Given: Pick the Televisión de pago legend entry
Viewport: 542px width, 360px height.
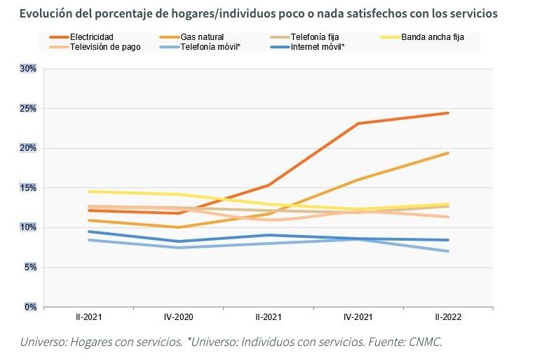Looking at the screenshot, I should [105, 47].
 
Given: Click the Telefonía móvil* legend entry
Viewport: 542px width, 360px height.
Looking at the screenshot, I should [210, 47].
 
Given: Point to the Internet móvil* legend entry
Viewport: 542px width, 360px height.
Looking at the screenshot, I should [317, 47].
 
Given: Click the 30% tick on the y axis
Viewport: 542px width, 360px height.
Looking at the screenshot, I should [28, 69].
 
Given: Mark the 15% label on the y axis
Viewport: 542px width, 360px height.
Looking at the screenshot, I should [28, 188].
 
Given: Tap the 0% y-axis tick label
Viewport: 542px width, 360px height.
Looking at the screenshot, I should [30, 307].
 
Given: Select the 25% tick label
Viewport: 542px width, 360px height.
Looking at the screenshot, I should [28, 109].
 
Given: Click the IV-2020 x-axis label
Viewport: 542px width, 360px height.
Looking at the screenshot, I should [179, 317].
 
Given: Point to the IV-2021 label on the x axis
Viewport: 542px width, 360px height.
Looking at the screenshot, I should [358, 317].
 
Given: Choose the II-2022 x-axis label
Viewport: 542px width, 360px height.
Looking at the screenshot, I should [448, 317].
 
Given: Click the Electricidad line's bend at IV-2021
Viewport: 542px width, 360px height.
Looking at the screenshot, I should [358, 124].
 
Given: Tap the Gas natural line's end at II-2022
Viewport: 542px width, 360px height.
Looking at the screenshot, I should [448, 153].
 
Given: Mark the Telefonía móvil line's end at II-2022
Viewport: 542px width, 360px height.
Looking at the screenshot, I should [448, 251].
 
